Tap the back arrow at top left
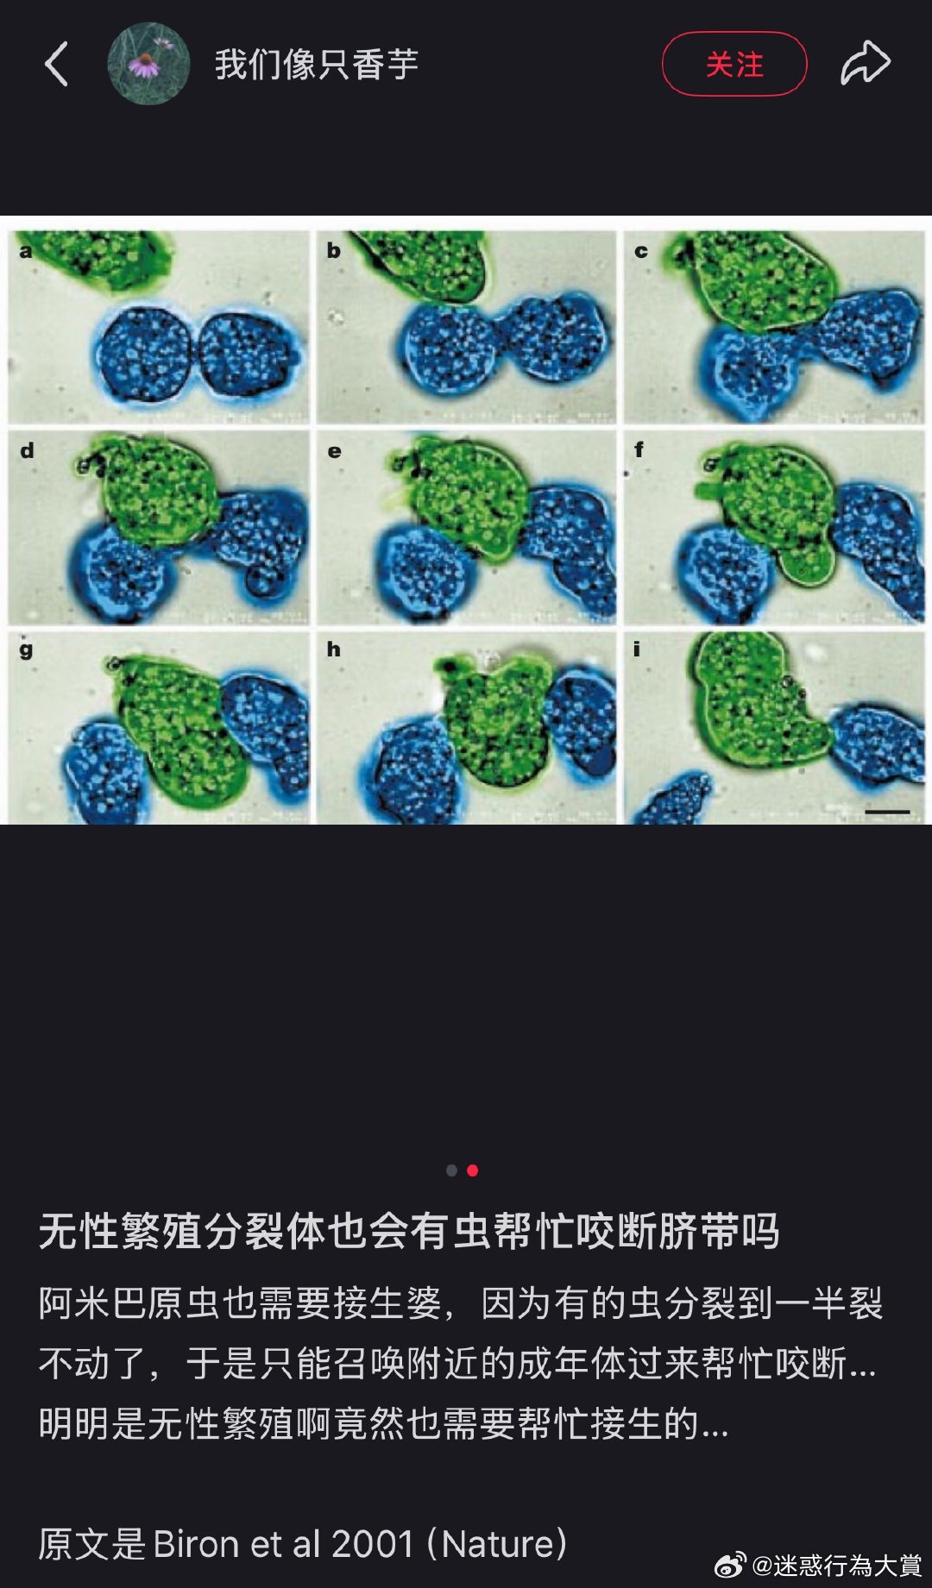[x=56, y=64]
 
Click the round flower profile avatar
[x=148, y=64]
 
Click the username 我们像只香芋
[x=316, y=65]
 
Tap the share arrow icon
[x=865, y=64]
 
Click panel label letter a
[x=26, y=252]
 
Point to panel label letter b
[x=333, y=251]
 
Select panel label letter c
[x=641, y=252]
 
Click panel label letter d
[x=27, y=450]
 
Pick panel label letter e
[x=334, y=451]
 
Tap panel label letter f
[x=639, y=449]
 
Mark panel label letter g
[x=26, y=650]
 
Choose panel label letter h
[x=333, y=649]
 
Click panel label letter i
[x=637, y=649]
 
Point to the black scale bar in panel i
[x=886, y=812]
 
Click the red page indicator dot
[x=473, y=1171]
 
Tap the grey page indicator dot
[x=451, y=1171]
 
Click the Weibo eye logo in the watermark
[x=730, y=1565]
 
